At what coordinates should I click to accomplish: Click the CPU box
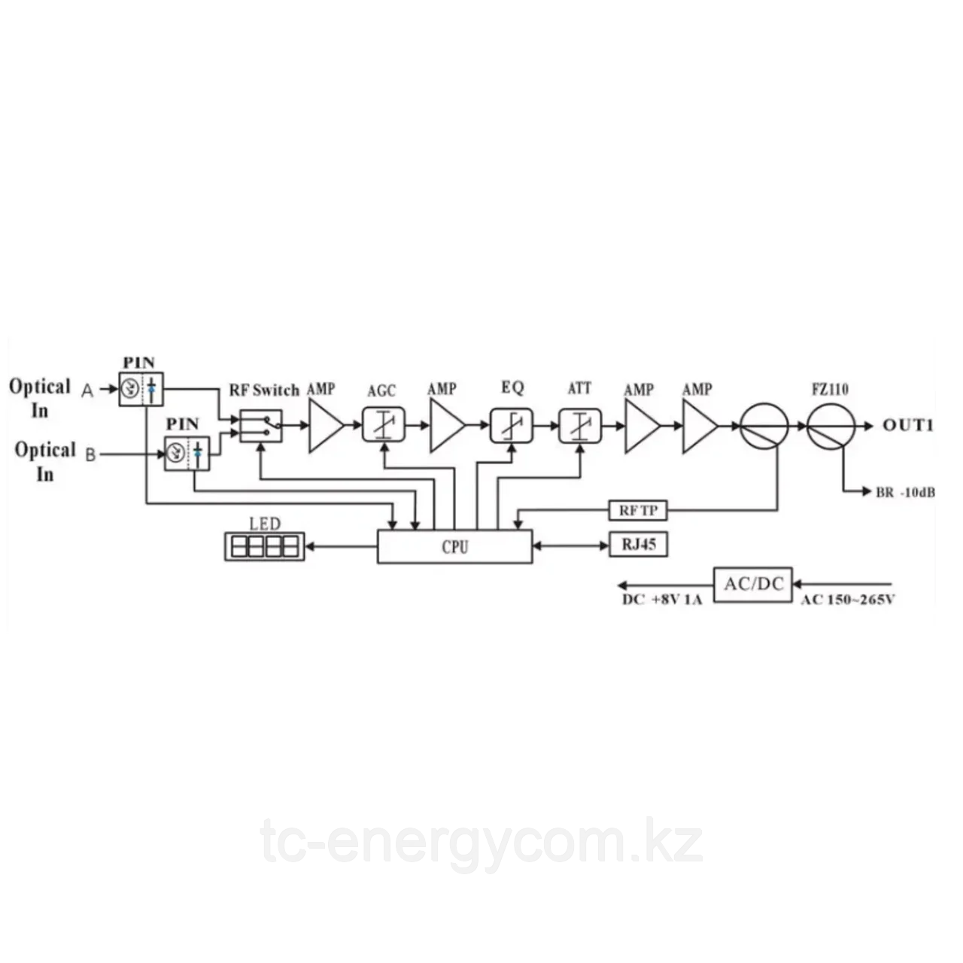[x=454, y=546]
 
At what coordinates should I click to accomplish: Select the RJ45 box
[x=638, y=544]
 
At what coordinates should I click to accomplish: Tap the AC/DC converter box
[x=753, y=583]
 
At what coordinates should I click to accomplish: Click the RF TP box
[x=638, y=512]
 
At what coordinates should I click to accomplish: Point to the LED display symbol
[x=264, y=546]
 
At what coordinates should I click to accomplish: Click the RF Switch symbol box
[x=261, y=426]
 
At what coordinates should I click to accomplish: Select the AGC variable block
[x=384, y=425]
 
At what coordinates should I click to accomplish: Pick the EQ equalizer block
[x=512, y=425]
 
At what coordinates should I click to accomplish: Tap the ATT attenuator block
[x=580, y=425]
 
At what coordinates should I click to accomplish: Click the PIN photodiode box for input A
[x=141, y=389]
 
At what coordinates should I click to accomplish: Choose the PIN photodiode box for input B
[x=187, y=454]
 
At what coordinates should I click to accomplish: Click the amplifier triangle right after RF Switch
[x=325, y=426]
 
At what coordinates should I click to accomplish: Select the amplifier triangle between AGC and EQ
[x=447, y=426]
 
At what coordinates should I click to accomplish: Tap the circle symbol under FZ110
[x=831, y=425]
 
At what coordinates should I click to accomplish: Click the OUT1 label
[x=908, y=426]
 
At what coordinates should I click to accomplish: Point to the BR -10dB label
[x=905, y=493]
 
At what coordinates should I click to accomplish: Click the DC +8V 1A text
[x=662, y=600]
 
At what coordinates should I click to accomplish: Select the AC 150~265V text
[x=847, y=600]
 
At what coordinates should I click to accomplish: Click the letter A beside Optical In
[x=87, y=390]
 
